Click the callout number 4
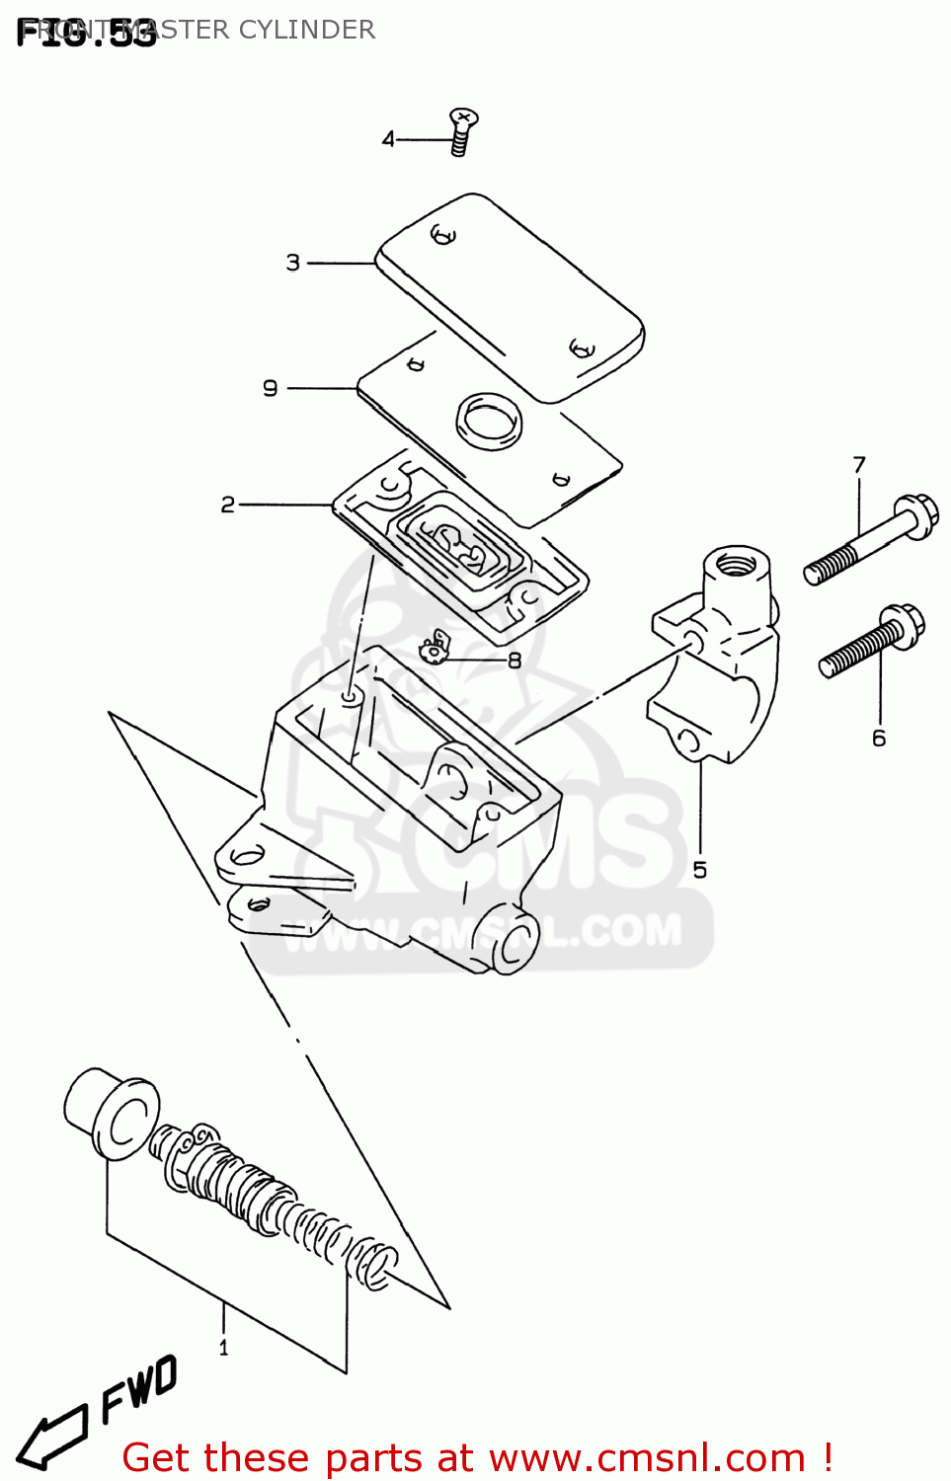tap(388, 139)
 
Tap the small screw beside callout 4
tap(461, 131)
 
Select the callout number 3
tap(293, 263)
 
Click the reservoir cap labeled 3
tap(512, 295)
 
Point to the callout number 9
tap(271, 388)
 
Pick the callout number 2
tap(228, 505)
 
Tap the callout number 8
tap(514, 660)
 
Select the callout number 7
tap(859, 464)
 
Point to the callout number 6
tap(879, 738)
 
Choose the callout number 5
tap(700, 870)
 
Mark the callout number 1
tap(223, 1348)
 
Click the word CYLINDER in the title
tap(307, 30)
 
